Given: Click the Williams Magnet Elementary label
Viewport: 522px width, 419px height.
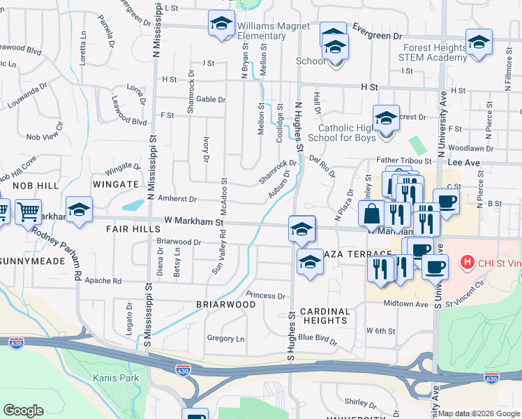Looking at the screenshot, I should (264, 31).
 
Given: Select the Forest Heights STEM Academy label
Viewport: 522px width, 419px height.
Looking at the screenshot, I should (433, 53).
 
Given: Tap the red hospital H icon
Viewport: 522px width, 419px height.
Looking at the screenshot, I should (468, 263).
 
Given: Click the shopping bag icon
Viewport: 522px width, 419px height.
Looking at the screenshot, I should (372, 213).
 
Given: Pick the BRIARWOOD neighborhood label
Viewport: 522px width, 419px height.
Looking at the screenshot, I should (225, 304).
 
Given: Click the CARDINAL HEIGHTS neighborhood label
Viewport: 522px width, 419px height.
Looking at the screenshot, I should (325, 316).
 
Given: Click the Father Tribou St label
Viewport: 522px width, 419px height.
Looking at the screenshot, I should (405, 161).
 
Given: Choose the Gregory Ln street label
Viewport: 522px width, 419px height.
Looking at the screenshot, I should (225, 339).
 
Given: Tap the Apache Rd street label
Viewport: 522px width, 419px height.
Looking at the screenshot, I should (103, 281).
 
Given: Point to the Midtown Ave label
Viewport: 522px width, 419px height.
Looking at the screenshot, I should (405, 304).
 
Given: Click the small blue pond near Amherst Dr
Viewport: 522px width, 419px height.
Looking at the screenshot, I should (133, 205).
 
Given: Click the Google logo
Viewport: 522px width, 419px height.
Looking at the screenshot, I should (23, 411).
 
